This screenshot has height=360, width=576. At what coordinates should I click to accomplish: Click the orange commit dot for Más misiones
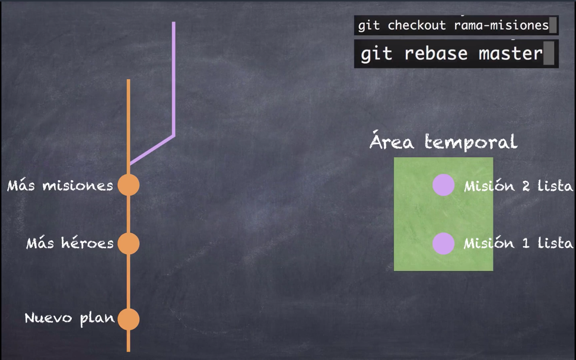pyautogui.click(x=129, y=185)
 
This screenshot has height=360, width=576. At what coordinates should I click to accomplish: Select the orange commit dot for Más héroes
pyautogui.click(x=129, y=244)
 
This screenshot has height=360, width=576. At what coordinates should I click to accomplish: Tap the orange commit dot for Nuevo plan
pyautogui.click(x=129, y=319)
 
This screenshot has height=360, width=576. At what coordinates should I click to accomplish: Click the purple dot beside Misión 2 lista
pyautogui.click(x=443, y=185)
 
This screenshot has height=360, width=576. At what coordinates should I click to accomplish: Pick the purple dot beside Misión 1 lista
pyautogui.click(x=443, y=244)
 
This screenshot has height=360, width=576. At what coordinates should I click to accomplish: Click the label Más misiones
pyautogui.click(x=60, y=185)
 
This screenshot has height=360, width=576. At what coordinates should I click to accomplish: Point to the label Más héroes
pyautogui.click(x=70, y=243)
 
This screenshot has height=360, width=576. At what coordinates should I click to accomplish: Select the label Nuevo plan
pyautogui.click(x=69, y=318)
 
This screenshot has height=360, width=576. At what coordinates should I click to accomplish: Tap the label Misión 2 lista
pyautogui.click(x=518, y=186)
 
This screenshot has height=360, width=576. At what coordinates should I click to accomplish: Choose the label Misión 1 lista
pyautogui.click(x=518, y=243)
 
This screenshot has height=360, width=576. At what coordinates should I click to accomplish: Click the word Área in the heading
pyautogui.click(x=392, y=141)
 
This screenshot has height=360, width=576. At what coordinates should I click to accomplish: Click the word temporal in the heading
pyautogui.click(x=471, y=142)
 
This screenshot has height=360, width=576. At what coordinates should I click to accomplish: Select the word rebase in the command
pyautogui.click(x=436, y=54)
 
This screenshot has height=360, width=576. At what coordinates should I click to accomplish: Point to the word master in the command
pyautogui.click(x=511, y=54)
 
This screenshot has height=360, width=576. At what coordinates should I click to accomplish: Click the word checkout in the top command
pyautogui.click(x=417, y=25)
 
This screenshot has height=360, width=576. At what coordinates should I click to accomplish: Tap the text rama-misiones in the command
pyautogui.click(x=501, y=25)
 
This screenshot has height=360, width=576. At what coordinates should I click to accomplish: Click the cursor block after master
pyautogui.click(x=549, y=53)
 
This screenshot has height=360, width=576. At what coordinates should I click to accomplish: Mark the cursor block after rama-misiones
pyautogui.click(x=553, y=25)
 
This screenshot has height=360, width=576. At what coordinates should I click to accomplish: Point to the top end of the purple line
pyautogui.click(x=174, y=23)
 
